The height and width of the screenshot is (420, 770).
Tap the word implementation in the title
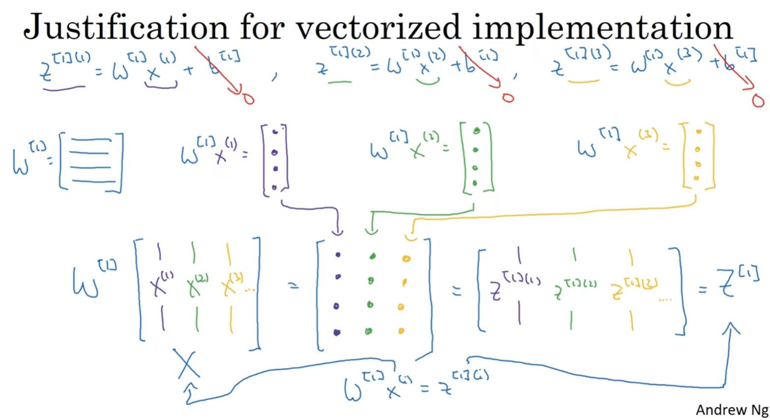602,28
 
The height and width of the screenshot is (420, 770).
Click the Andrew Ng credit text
732,410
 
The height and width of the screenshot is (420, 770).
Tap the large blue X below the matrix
186,364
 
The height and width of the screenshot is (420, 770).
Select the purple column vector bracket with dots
275,160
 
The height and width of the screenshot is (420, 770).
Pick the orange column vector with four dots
698,155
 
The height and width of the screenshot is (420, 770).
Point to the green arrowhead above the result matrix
371,230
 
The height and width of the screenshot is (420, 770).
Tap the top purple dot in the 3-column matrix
338,255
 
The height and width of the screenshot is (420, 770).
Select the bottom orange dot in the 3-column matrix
401,331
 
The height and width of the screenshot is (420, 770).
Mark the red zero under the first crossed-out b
248,99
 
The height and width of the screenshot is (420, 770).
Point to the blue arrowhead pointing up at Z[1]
731,327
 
